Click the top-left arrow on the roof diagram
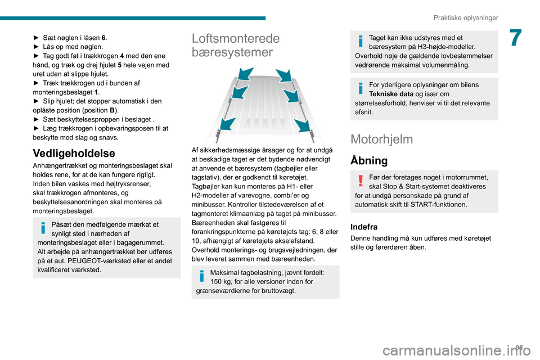(246, 74)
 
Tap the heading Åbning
(369, 161)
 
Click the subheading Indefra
(364, 227)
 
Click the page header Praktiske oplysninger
(466, 17)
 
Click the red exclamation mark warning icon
(359, 180)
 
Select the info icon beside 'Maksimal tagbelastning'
(201, 277)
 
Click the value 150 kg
(223, 281)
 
